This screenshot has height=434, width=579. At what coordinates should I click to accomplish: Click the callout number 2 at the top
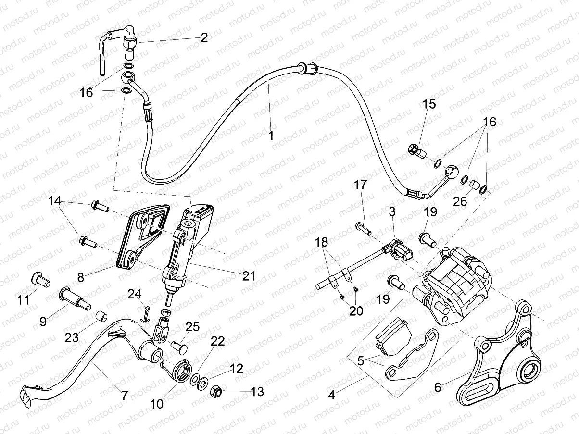[204, 38]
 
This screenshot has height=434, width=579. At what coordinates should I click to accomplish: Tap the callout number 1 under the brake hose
[271, 136]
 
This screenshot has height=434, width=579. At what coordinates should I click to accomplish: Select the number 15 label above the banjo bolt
[429, 104]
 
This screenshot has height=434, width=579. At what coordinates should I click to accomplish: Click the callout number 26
[460, 201]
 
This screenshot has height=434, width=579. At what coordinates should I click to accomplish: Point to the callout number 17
[361, 185]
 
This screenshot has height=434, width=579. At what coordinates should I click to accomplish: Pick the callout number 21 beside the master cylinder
[249, 276]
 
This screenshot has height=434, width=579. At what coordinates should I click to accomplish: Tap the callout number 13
[257, 392]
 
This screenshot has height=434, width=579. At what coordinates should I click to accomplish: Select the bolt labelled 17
[364, 228]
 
